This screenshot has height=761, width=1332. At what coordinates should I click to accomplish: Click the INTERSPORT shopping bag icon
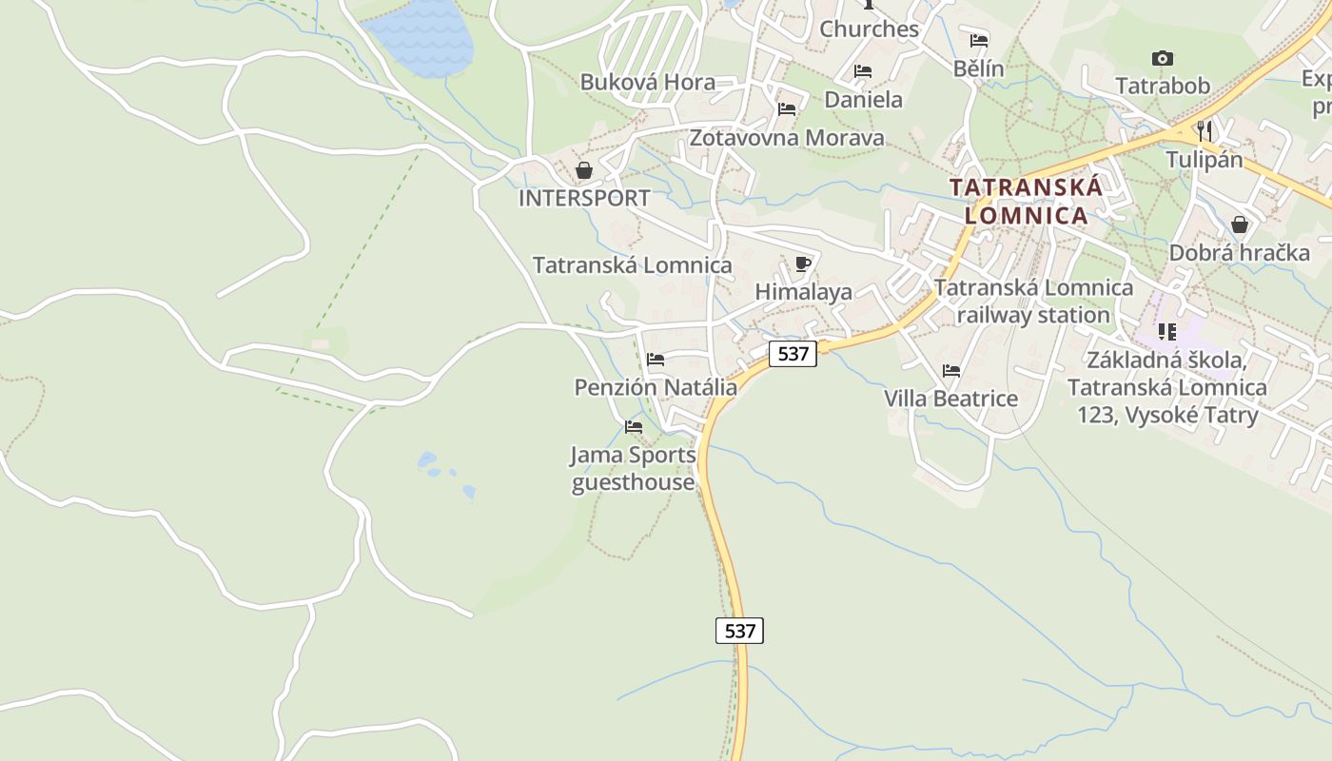[583, 170]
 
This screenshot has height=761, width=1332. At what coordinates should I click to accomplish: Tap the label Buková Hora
[647, 82]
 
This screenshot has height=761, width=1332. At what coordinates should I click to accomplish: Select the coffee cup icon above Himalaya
[802, 263]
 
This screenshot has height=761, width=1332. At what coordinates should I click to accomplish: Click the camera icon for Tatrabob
[1162, 59]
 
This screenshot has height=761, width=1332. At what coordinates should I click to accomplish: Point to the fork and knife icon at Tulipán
[1205, 130]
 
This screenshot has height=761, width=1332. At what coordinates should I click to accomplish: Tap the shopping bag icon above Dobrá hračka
[1239, 224]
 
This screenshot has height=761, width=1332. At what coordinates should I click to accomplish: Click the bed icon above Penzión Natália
[655, 360]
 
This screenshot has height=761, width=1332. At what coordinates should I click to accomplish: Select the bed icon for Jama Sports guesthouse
[633, 427]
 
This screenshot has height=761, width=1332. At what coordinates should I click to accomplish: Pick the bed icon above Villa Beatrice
[950, 371]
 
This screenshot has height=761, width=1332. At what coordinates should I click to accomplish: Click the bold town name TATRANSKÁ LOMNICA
[1027, 201]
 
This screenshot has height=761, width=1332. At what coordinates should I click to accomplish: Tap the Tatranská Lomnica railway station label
[1033, 301]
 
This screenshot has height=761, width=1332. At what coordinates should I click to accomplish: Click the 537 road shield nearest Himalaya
[792, 354]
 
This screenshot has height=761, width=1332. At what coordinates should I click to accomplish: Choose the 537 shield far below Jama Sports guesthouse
[739, 630]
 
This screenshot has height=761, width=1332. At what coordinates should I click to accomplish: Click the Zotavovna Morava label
[786, 138]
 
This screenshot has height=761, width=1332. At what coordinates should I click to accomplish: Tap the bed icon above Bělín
[978, 41]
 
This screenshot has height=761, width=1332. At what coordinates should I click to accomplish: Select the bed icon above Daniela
[862, 71]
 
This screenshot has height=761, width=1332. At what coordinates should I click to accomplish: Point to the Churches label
[869, 29]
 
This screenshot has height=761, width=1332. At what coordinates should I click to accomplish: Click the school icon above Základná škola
[1167, 332]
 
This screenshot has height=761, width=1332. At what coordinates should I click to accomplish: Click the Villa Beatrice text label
[950, 399]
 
